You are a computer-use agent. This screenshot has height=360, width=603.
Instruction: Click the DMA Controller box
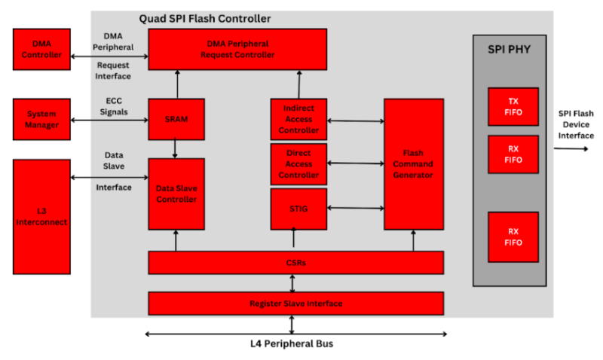(41, 49)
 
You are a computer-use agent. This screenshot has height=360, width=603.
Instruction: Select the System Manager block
(41, 119)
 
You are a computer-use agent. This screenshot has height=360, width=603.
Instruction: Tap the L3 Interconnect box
(41, 216)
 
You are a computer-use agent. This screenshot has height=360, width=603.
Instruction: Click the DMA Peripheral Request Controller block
(237, 49)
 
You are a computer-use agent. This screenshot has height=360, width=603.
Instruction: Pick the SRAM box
(176, 119)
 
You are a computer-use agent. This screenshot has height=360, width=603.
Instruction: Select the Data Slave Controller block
(176, 194)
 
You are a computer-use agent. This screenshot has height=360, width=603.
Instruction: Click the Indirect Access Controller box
(298, 119)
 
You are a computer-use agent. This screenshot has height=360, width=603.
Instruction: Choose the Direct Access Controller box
(298, 163)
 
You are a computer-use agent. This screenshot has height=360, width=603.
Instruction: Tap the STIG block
(298, 209)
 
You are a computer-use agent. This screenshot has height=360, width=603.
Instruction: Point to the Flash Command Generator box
(413, 163)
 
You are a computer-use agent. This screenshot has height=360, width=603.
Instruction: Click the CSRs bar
(295, 263)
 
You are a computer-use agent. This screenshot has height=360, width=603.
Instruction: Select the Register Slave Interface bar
(295, 304)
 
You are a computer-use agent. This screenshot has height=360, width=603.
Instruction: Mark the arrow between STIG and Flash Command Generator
(355, 209)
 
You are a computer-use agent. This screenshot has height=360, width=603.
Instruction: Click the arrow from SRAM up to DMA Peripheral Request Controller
(176, 84)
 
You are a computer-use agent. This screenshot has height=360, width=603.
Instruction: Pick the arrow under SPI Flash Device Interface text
(571, 148)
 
